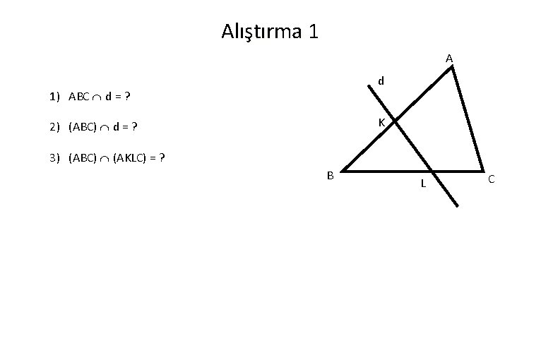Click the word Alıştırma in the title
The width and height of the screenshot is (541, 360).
(261, 32)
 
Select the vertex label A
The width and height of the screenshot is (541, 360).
(449, 59)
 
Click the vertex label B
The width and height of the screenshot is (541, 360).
(329, 175)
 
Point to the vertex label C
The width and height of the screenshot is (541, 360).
(492, 180)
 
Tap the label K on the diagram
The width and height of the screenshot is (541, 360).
(381, 123)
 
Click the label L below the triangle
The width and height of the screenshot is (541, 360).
(422, 184)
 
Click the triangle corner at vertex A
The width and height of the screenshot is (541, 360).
(453, 68)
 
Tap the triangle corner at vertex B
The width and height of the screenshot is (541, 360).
(342, 170)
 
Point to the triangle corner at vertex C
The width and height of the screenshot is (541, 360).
(483, 170)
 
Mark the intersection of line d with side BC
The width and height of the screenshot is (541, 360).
(432, 170)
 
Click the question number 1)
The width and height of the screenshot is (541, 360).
(56, 96)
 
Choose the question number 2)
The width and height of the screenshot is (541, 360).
(56, 128)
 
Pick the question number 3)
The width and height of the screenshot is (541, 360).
(56, 157)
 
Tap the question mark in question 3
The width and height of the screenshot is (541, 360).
(162, 157)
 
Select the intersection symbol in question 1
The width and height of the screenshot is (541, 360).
(98, 97)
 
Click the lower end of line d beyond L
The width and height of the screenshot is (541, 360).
(457, 205)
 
